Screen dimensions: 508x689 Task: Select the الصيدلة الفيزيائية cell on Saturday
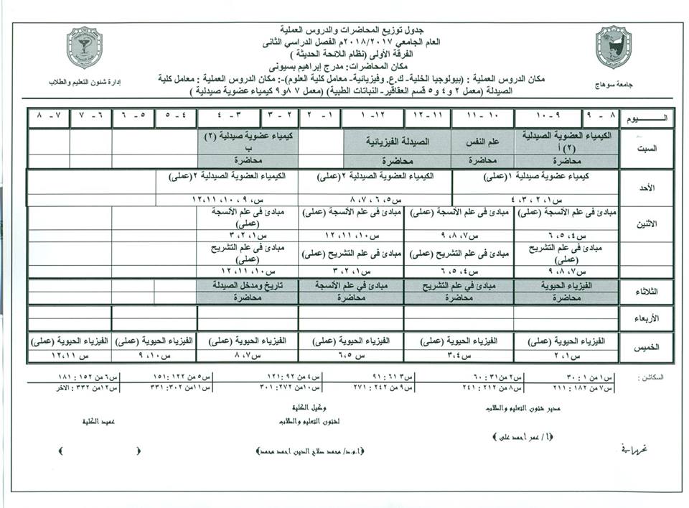pyautogui.click(x=397, y=142)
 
